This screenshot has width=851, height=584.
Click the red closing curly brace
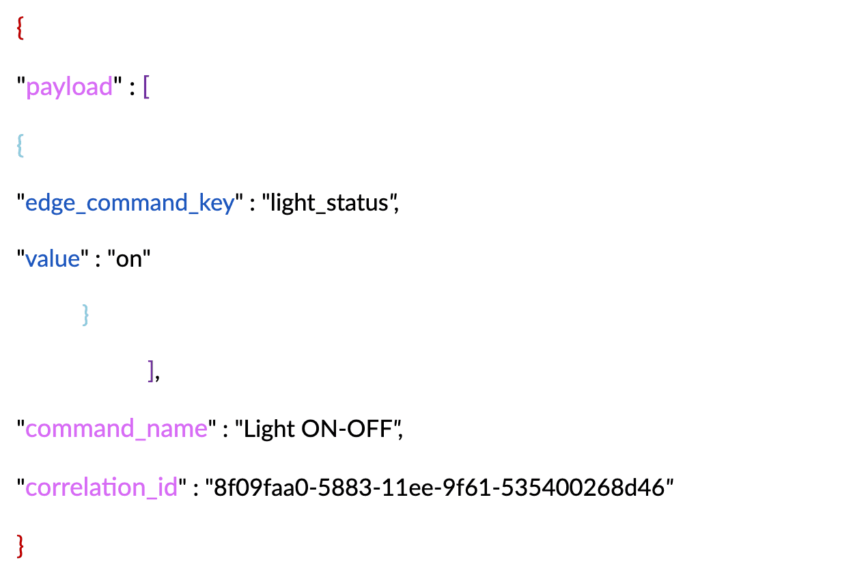(20, 546)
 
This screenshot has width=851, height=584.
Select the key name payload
(69, 88)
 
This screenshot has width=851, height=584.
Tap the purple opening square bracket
(146, 88)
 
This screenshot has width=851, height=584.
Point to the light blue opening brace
(20, 145)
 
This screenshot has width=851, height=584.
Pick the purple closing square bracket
(151, 372)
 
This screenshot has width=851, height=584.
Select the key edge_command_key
(130, 202)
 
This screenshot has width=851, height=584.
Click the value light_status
(329, 202)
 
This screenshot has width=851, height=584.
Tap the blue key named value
(53, 259)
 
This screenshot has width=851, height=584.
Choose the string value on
(129, 259)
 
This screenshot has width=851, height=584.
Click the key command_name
(116, 429)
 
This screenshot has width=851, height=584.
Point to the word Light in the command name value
(269, 429)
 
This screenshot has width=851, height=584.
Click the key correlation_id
(102, 488)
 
